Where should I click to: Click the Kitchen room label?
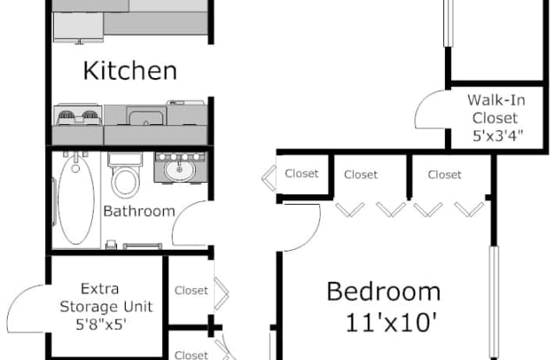click(130, 71)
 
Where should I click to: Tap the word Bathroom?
click(139, 212)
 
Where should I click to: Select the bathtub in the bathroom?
click(75, 200)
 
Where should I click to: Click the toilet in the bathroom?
click(125, 175)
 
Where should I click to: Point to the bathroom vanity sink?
click(180, 170)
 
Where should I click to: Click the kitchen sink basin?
click(146, 117)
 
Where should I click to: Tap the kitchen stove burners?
click(78, 115)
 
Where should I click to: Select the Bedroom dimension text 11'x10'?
click(391, 323)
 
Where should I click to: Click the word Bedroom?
click(383, 291)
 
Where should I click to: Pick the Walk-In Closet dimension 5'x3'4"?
click(498, 135)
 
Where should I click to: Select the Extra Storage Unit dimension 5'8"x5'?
click(101, 324)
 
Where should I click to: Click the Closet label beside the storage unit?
click(191, 291)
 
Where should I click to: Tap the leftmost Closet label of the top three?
click(302, 173)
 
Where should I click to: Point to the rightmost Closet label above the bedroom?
click(445, 174)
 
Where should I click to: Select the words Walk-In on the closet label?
click(496, 100)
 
